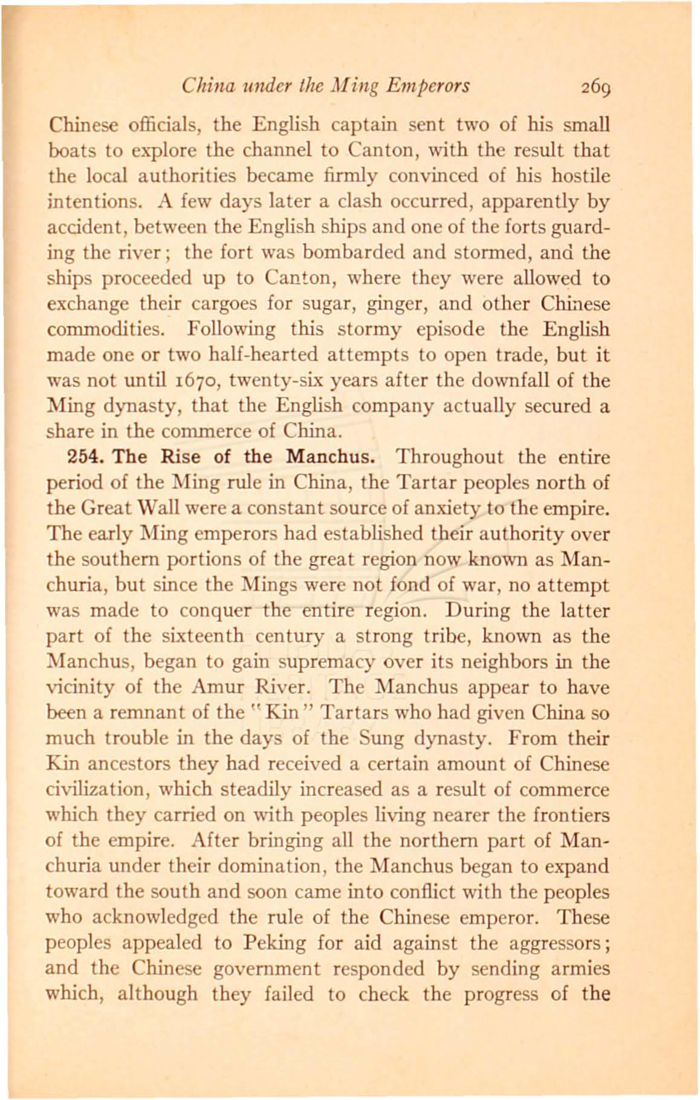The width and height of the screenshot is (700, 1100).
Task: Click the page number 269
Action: point(598,87)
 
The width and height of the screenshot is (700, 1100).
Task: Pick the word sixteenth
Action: point(203,637)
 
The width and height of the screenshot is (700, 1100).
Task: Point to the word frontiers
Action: point(571,816)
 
